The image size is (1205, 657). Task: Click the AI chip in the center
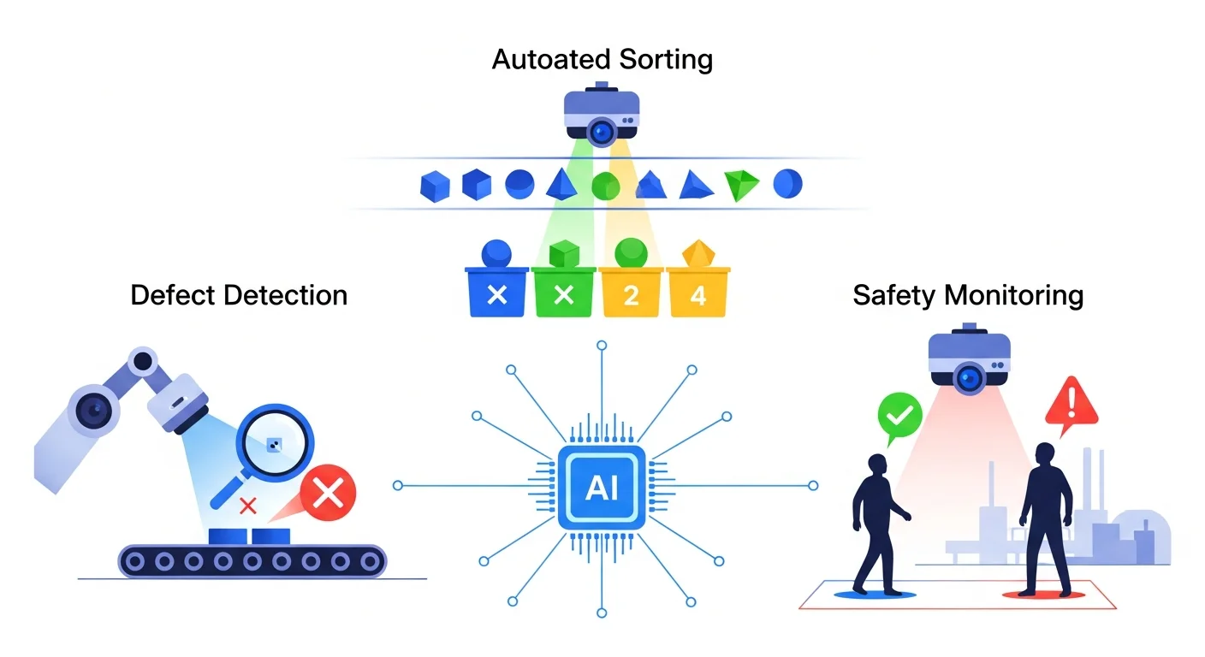(x=602, y=486)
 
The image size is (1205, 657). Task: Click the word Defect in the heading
(x=173, y=295)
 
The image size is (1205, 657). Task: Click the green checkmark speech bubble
(x=899, y=415)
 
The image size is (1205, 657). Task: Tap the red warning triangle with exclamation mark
(x=1071, y=403)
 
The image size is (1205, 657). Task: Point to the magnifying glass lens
(x=274, y=443)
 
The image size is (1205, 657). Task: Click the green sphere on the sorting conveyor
(x=605, y=185)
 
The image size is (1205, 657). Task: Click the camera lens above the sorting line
(x=602, y=131)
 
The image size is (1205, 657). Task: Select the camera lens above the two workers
(x=969, y=376)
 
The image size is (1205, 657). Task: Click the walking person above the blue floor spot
(x=878, y=522)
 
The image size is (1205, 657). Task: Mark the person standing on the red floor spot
(x=1044, y=518)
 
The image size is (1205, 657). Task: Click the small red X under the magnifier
(x=248, y=506)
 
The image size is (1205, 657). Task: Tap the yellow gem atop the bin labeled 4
(x=697, y=253)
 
